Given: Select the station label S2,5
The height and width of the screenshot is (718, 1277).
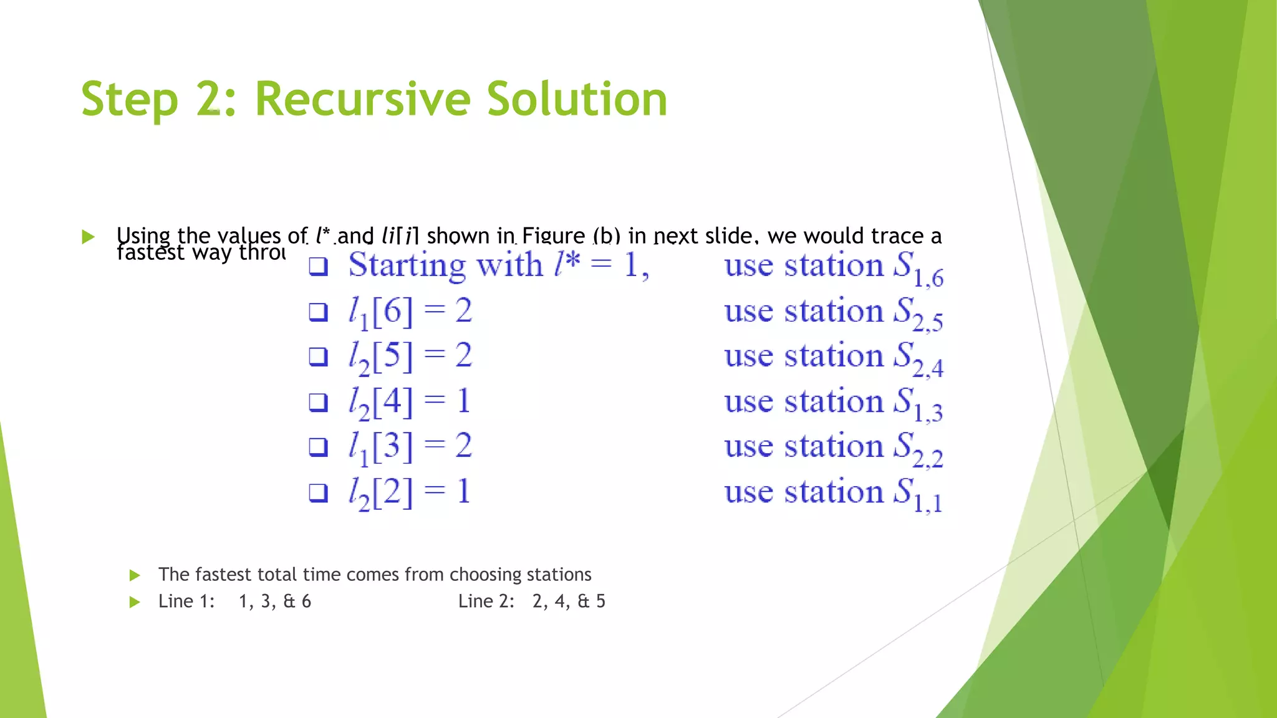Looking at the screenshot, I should [918, 314].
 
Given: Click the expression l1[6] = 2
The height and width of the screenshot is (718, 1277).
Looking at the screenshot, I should [410, 312].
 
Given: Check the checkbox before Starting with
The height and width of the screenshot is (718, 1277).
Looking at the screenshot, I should [319, 267].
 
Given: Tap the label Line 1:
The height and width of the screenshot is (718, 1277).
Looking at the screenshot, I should [186, 601].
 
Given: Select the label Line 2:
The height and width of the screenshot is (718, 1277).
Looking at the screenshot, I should [486, 601].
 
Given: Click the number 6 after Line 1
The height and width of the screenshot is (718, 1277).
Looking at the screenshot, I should [306, 601].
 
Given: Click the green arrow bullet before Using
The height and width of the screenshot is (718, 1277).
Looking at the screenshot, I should [88, 237].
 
